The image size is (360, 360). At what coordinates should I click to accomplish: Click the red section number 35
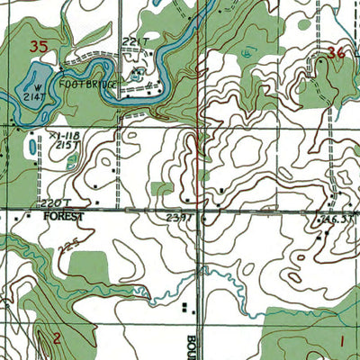click(x=38, y=45)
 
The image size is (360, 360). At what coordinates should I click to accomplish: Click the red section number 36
click(x=337, y=52)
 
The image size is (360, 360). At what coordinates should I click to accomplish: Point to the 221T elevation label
click(x=133, y=40)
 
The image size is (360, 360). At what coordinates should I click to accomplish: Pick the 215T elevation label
click(x=63, y=144)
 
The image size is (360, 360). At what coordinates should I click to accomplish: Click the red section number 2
click(x=56, y=337)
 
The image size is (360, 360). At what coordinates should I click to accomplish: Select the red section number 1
click(x=342, y=339)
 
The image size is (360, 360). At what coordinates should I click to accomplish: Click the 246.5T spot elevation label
click(x=337, y=218)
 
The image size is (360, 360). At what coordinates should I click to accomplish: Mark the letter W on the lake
click(x=33, y=86)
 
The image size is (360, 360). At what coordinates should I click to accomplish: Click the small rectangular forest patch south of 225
click(x=87, y=266)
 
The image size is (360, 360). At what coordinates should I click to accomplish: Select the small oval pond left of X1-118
click(x=32, y=144)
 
